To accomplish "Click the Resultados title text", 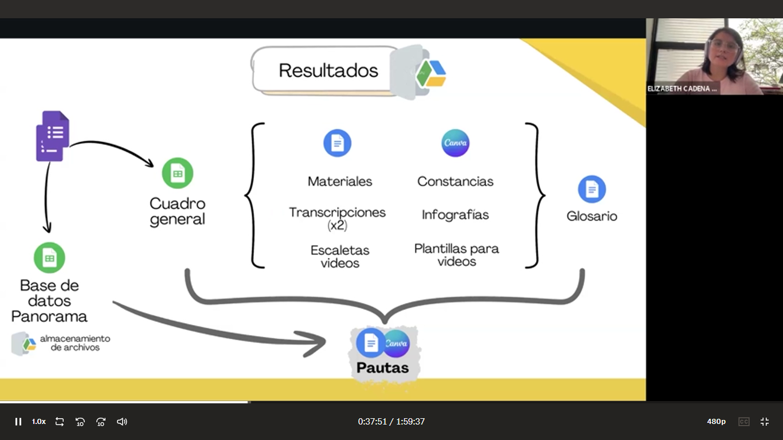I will [328, 70].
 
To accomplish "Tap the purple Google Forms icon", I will [53, 136].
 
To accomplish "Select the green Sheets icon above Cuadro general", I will [178, 173].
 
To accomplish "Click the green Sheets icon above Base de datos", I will [49, 258].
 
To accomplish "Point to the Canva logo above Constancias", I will [455, 143].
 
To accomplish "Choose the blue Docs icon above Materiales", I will [337, 143].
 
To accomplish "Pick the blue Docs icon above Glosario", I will [592, 189].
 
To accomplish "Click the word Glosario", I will [592, 217].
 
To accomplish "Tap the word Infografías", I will [455, 215].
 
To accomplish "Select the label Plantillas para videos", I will [456, 255].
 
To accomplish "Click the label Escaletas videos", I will [340, 257].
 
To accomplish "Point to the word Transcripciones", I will [337, 213].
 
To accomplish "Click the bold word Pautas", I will [383, 368].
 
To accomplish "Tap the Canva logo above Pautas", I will [397, 343].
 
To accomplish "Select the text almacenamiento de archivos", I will [75, 343].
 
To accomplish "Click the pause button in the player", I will [18, 422].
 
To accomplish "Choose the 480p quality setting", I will [716, 422].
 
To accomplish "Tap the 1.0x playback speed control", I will [38, 422].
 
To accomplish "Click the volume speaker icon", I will [122, 422].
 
